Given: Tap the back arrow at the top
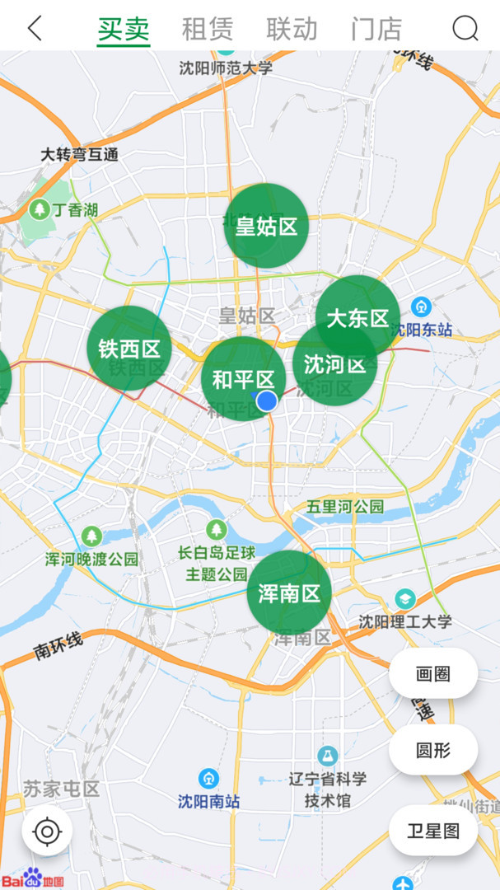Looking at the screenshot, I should pyautogui.click(x=35, y=28).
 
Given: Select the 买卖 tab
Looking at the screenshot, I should pyautogui.click(x=124, y=29).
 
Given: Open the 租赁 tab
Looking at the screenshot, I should pyautogui.click(x=207, y=29).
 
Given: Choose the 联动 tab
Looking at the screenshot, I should pyautogui.click(x=292, y=29).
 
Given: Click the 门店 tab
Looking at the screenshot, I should pyautogui.click(x=376, y=29).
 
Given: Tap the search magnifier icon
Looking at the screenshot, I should pyautogui.click(x=465, y=29).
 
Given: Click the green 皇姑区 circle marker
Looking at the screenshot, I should pyautogui.click(x=265, y=225).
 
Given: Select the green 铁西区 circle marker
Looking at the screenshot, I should pyautogui.click(x=129, y=348).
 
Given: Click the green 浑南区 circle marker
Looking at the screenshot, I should pyautogui.click(x=289, y=593).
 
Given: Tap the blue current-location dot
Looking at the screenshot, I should pyautogui.click(x=267, y=400).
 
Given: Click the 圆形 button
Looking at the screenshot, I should pyautogui.click(x=433, y=750).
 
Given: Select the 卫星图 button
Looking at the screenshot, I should pyautogui.click(x=433, y=831).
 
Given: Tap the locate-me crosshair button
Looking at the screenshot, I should pyautogui.click(x=47, y=832).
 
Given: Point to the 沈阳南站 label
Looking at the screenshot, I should pyautogui.click(x=209, y=800).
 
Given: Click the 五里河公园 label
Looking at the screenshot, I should pyautogui.click(x=345, y=506).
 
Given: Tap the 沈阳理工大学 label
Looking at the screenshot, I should pyautogui.click(x=405, y=621).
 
